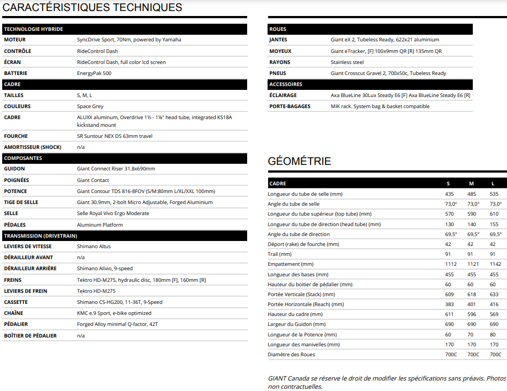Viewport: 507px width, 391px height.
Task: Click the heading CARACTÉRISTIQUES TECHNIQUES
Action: tap(93, 8)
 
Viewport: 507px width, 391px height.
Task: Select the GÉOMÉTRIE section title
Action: tap(299, 162)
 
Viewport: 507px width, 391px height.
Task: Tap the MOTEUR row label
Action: tap(15, 40)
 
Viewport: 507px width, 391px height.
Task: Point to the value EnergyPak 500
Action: tap(94, 73)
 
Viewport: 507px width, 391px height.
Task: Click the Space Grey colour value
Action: tap(90, 106)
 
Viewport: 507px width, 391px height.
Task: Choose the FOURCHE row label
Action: tap(16, 136)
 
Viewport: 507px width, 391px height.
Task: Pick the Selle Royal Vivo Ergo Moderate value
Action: tap(113, 213)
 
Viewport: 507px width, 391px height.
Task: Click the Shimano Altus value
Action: tap(94, 247)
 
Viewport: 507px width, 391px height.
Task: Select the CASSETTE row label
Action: tap(17, 302)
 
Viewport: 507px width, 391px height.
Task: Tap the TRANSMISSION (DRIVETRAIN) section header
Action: tap(41, 235)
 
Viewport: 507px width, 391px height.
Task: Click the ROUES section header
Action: tap(277, 29)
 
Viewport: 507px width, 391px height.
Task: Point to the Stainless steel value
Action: tap(347, 62)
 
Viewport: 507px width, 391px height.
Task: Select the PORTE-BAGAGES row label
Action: tap(290, 106)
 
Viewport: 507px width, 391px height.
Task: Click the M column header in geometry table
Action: tap(472, 183)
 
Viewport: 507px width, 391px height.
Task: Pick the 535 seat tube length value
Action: tap(494, 194)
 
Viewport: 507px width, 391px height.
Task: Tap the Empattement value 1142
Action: tap(494, 264)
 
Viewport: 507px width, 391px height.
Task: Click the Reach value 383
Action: tap(450, 304)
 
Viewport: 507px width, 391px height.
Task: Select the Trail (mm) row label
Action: tap(280, 254)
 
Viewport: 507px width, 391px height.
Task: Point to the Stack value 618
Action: tap(472, 294)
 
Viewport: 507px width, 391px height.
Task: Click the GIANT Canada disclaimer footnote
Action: tap(387, 382)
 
